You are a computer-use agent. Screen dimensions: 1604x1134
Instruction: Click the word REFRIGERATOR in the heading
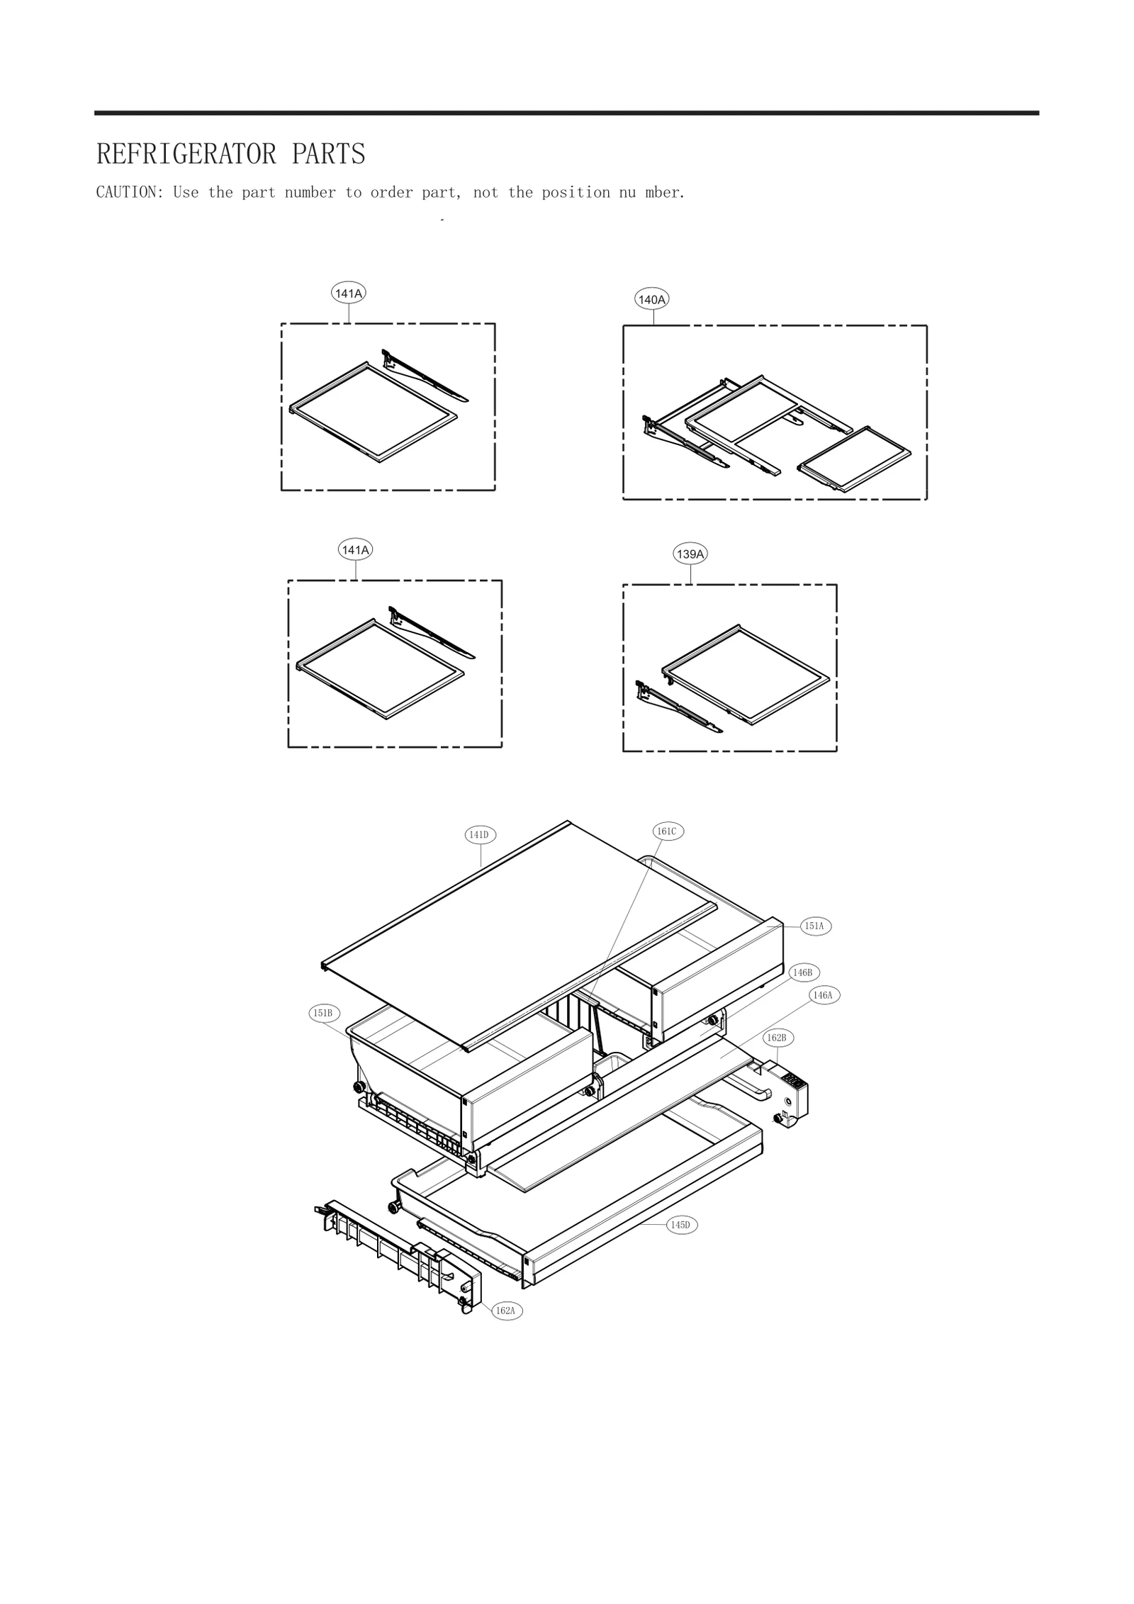coord(186,154)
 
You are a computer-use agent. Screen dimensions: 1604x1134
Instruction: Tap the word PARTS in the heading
coord(328,154)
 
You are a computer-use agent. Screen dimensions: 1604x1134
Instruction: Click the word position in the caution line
coord(576,192)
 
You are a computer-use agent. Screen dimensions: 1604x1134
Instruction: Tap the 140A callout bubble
coord(651,300)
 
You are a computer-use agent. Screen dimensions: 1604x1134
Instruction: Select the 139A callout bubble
coord(690,554)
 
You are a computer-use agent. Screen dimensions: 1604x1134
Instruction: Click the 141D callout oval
coord(480,835)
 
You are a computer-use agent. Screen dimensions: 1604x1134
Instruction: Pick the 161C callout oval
coord(667,831)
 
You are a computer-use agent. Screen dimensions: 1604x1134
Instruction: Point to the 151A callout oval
coord(814,926)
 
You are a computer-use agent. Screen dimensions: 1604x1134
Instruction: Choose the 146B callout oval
coord(803,972)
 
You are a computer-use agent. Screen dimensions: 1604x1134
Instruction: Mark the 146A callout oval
coord(823,995)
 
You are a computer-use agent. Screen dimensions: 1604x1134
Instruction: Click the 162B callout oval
coord(777,1038)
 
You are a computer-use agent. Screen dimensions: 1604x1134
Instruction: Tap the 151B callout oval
coord(322,1013)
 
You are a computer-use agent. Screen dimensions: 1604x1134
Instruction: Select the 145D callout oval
coord(680,1225)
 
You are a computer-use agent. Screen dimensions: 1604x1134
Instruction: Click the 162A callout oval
coord(505,1311)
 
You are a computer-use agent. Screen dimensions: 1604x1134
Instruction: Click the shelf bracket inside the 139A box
coord(677,709)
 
